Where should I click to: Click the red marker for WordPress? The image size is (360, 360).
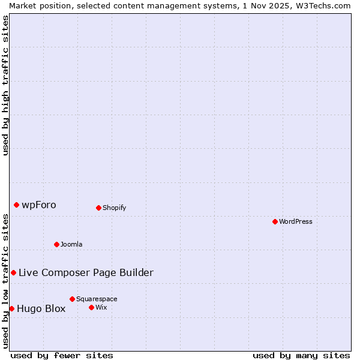pyautogui.click(x=275, y=221)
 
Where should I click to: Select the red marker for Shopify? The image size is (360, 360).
pyautogui.click(x=98, y=208)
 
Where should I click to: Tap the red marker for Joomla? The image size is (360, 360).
pyautogui.click(x=56, y=244)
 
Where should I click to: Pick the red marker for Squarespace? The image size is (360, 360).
pyautogui.click(x=72, y=299)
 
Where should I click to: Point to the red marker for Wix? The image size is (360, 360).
pyautogui.click(x=91, y=307)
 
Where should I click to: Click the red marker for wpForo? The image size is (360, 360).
pyautogui.click(x=16, y=205)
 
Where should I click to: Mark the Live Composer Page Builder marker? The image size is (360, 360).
pyautogui.click(x=13, y=272)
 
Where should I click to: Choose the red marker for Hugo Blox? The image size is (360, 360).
pyautogui.click(x=11, y=308)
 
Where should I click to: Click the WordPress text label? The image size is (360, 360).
pyautogui.click(x=296, y=221)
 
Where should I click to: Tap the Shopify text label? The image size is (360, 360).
pyautogui.click(x=115, y=208)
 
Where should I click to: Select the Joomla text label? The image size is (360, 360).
pyautogui.click(x=71, y=244)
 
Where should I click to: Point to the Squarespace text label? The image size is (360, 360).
pyautogui.click(x=97, y=299)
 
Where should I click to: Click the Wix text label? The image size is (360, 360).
pyautogui.click(x=101, y=307)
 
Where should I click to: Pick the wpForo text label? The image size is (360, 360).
pyautogui.click(x=39, y=205)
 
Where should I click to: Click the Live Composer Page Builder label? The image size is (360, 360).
pyautogui.click(x=86, y=272)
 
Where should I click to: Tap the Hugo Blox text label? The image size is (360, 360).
pyautogui.click(x=41, y=308)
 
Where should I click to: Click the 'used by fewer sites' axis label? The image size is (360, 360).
pyautogui.click(x=62, y=355)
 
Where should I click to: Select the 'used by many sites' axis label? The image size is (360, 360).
pyautogui.click(x=301, y=355)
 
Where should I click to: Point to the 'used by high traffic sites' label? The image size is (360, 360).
pyautogui.click(x=5, y=85)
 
